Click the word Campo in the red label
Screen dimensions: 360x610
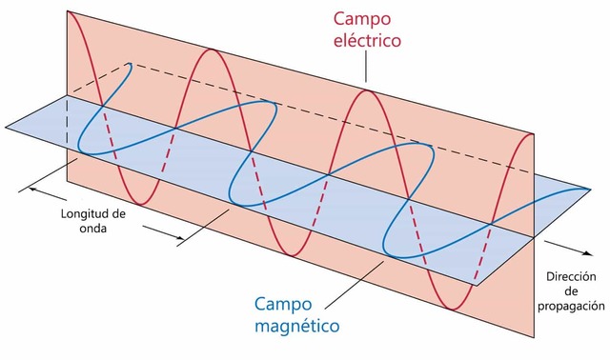(x=360, y=18)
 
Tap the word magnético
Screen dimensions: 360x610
(x=297, y=328)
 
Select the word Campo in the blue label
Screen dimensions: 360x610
(x=286, y=305)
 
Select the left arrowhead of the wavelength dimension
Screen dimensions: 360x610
(x=33, y=189)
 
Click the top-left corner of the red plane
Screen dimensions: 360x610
(x=66, y=10)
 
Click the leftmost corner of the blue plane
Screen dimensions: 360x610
(x=4, y=125)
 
